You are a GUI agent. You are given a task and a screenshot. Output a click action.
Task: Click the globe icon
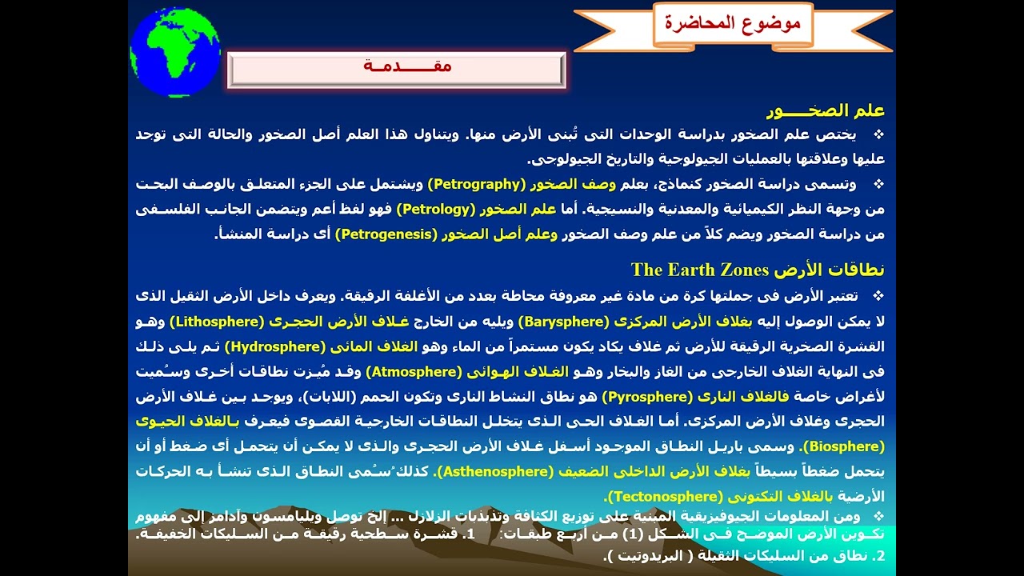pyautogui.click(x=174, y=53)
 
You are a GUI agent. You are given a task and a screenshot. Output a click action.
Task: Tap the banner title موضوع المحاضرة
pyautogui.click(x=732, y=22)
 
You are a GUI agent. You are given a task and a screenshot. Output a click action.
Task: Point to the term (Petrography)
pyautogui.click(x=475, y=184)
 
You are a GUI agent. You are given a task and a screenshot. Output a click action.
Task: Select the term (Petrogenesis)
pyautogui.click(x=386, y=234)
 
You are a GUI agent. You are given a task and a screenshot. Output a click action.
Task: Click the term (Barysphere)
pyautogui.click(x=564, y=322)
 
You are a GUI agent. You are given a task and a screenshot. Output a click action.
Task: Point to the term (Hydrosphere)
pyautogui.click(x=274, y=346)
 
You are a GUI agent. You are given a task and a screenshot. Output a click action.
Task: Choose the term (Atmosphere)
pyautogui.click(x=414, y=371)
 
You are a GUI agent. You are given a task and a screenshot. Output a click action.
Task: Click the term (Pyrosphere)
pyautogui.click(x=646, y=396)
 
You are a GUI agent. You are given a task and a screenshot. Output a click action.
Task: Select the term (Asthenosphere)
pyautogui.click(x=494, y=470)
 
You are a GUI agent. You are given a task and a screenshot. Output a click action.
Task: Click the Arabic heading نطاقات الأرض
pyautogui.click(x=830, y=269)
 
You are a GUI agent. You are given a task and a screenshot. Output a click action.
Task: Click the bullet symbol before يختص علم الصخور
pyautogui.click(x=878, y=134)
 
